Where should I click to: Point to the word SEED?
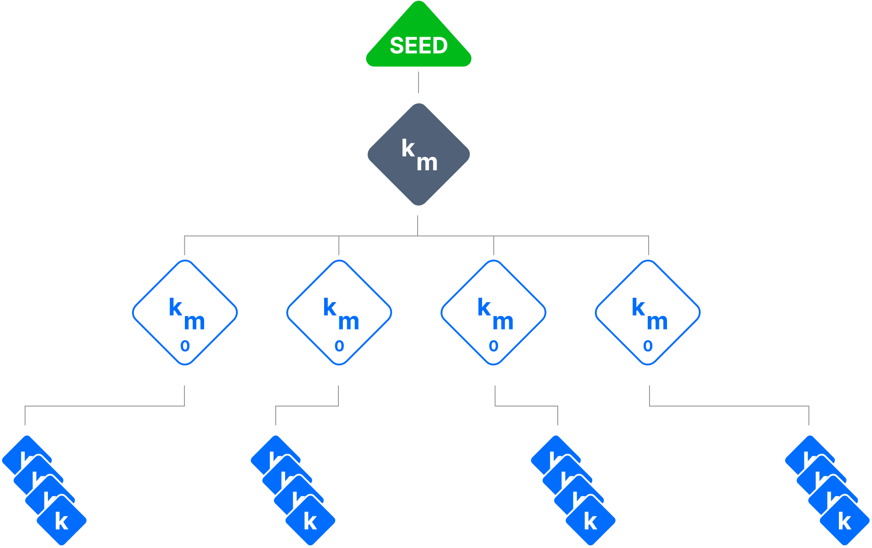[419, 46]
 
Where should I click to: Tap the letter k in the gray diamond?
[408, 148]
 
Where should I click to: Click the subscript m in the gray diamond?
[427, 163]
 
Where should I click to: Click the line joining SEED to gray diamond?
[419, 82]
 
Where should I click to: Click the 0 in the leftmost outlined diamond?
[185, 346]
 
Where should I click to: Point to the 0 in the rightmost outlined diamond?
[648, 346]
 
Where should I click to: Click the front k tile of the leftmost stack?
[62, 521]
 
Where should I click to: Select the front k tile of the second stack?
[311, 521]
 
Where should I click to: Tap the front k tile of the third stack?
[591, 521]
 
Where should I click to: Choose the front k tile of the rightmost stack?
[845, 521]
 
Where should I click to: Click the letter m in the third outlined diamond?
[503, 322]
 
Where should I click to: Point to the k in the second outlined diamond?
[330, 308]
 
